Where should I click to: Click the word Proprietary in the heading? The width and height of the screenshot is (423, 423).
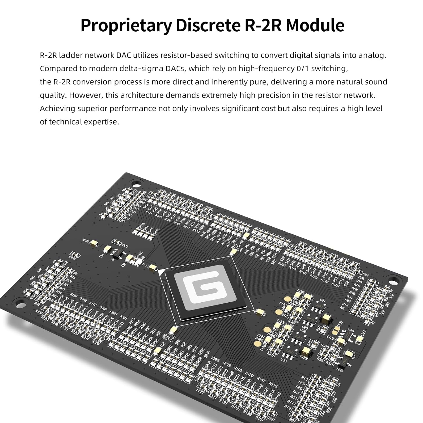[x=126, y=25]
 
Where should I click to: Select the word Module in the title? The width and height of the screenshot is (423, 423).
[x=315, y=25]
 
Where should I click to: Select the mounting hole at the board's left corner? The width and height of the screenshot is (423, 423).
[x=19, y=304]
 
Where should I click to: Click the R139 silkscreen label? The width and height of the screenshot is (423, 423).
[x=86, y=240]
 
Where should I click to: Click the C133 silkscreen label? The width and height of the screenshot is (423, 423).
[x=304, y=357]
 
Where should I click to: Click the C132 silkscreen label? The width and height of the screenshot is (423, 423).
[x=301, y=291]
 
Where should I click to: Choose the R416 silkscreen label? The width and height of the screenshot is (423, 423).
[x=271, y=354]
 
